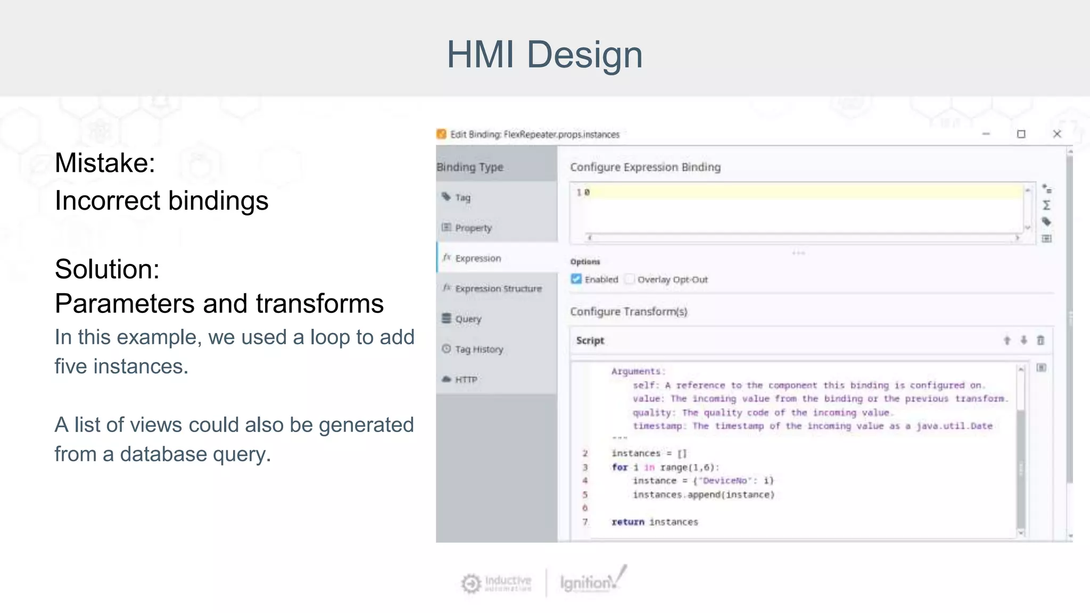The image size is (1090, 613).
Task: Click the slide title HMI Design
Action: click(544, 55)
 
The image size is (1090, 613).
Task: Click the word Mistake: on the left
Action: click(105, 163)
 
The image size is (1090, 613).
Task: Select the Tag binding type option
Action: click(462, 197)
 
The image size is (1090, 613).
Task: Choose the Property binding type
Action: click(473, 228)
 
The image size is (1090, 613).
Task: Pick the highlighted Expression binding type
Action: click(477, 258)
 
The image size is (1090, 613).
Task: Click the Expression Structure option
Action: click(498, 288)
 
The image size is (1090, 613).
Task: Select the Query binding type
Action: click(467, 319)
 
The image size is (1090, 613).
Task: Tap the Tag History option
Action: click(478, 349)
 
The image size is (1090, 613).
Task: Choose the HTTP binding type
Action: click(466, 379)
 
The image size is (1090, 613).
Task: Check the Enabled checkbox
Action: click(576, 279)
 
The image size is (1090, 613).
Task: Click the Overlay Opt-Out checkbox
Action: click(630, 279)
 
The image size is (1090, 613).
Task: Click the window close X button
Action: click(1057, 134)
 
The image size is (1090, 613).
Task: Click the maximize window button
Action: click(1021, 134)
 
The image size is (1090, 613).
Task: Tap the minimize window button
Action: click(986, 134)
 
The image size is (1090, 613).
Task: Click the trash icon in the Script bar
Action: click(1041, 340)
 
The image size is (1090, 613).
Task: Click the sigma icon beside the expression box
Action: click(1046, 205)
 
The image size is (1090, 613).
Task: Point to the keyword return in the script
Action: click(627, 522)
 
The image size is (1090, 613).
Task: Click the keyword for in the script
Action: click(620, 467)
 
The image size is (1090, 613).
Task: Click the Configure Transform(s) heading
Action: click(629, 311)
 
